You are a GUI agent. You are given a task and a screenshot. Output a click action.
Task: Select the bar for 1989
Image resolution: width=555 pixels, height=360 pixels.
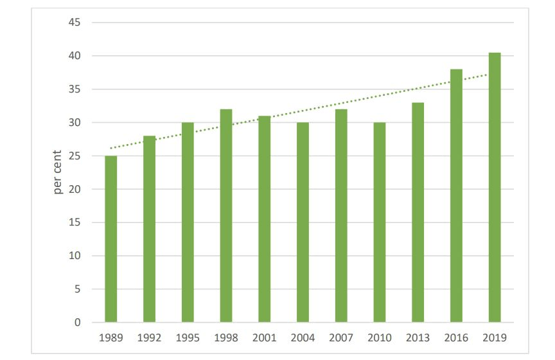[x=110, y=239]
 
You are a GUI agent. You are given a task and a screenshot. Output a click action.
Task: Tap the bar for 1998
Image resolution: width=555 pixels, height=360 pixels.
[x=225, y=216]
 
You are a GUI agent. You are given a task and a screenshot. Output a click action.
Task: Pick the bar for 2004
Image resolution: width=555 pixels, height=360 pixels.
[x=303, y=222]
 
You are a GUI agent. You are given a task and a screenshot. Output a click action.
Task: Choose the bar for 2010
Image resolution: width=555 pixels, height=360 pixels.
[x=379, y=222]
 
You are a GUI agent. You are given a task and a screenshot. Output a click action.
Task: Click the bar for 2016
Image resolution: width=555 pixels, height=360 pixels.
[x=456, y=195]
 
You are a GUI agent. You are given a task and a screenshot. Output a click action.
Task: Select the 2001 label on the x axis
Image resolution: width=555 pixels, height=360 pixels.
[x=264, y=337]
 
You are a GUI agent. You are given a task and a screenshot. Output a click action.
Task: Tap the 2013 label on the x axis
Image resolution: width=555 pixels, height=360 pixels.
[x=418, y=337]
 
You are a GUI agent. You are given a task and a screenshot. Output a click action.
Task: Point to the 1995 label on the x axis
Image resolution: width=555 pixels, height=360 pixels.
[x=188, y=337]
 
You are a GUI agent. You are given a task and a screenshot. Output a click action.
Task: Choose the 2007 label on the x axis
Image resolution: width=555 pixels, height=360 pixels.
[x=341, y=337]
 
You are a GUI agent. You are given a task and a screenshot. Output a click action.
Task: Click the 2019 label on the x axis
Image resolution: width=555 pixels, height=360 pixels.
[x=494, y=337]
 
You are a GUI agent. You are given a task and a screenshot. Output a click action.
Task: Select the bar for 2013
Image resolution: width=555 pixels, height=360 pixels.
[x=418, y=212]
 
